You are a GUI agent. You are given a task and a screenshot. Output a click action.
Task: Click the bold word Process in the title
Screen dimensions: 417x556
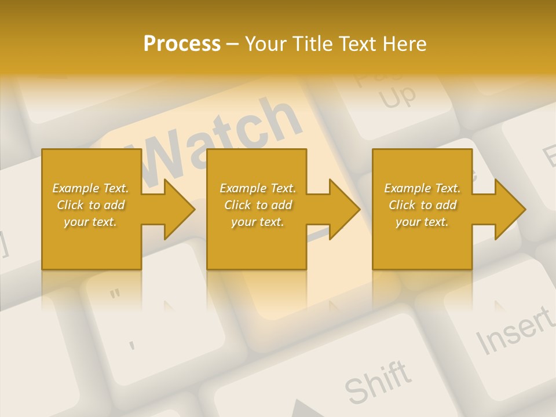182,44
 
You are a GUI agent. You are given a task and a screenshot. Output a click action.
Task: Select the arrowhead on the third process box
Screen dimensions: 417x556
507,209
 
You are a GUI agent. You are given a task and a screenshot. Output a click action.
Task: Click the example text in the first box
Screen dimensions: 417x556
90,205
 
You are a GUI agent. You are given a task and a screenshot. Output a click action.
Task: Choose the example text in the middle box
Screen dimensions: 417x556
258,205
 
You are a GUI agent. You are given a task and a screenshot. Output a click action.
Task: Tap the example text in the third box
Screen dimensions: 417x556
422,205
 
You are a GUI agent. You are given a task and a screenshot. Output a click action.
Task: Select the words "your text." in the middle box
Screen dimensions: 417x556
258,222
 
